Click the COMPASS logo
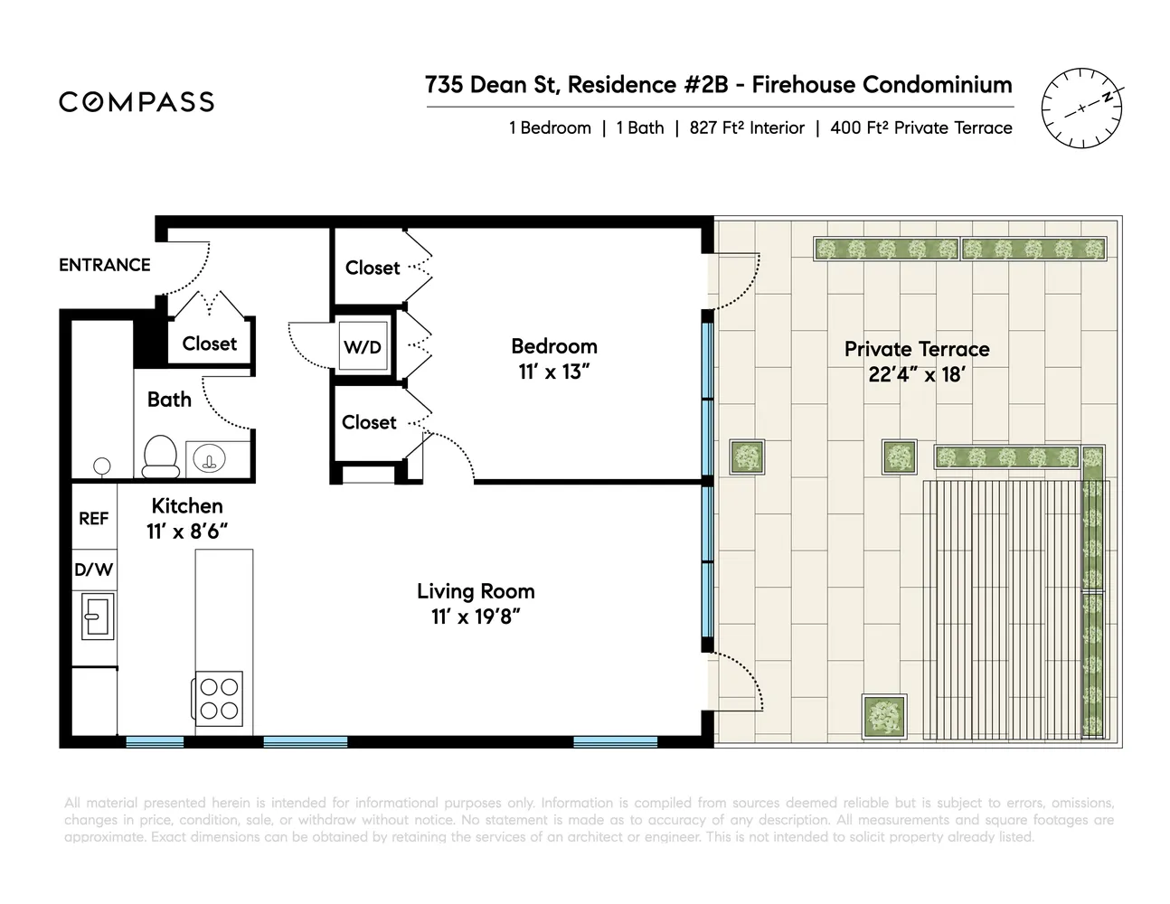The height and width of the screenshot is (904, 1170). (x=137, y=101)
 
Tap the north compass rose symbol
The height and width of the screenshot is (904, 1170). (x=1082, y=108)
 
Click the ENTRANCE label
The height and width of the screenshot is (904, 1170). (x=105, y=265)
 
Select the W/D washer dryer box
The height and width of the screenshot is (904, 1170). (x=363, y=346)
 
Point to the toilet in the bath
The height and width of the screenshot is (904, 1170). (x=160, y=457)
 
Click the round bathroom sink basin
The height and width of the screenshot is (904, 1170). (x=209, y=458)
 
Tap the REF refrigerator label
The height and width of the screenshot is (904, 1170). (x=94, y=518)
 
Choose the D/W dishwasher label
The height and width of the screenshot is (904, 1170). (x=94, y=570)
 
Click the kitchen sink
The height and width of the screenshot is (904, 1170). (x=98, y=617)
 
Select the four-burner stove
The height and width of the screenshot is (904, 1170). (x=218, y=698)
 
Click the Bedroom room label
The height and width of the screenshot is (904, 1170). (x=554, y=346)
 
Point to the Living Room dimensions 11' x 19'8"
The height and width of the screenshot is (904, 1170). (x=476, y=617)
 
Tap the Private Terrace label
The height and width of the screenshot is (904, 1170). (x=917, y=349)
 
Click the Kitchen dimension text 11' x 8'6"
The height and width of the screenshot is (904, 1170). (x=187, y=532)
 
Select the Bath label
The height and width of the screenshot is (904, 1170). (x=170, y=400)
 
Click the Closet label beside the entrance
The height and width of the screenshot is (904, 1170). (x=210, y=344)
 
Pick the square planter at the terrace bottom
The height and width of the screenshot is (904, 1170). (x=884, y=717)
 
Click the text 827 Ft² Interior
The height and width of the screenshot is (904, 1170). (x=747, y=128)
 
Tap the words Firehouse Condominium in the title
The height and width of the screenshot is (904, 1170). (x=882, y=84)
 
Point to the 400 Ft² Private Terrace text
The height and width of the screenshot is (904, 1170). (x=921, y=128)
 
